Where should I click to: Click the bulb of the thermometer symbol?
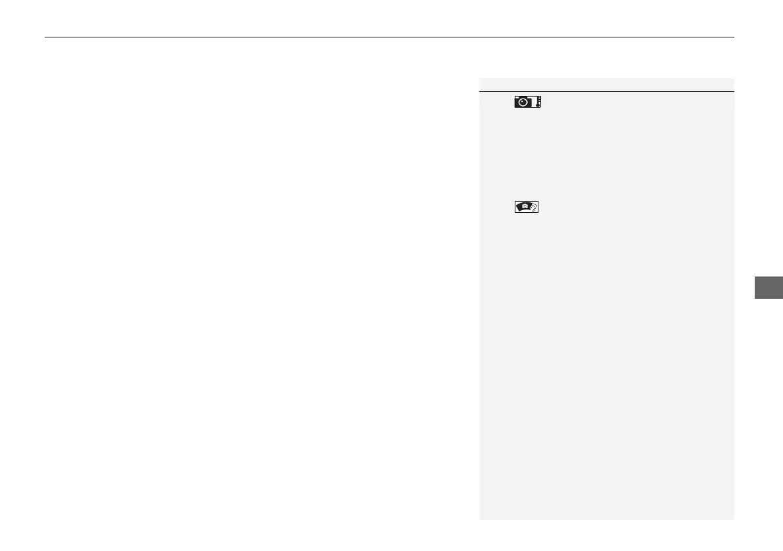tap(537, 106)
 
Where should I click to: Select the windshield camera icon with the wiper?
tap(527, 207)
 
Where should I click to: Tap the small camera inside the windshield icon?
tap(523, 206)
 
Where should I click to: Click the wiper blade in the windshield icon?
tap(533, 208)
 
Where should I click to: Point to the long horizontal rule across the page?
tap(389, 37)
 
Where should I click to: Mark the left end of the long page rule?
tap(45, 37)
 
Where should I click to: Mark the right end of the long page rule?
tap(734, 37)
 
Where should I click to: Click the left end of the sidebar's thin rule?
tap(480, 91)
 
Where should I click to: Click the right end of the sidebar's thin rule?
tap(734, 91)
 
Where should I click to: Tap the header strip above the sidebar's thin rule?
tap(606, 85)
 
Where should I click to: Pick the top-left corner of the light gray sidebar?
tap(480, 78)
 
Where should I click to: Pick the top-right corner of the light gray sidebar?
tap(734, 78)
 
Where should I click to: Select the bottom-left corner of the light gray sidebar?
tap(480, 520)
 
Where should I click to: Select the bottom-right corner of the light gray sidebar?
tap(734, 520)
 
